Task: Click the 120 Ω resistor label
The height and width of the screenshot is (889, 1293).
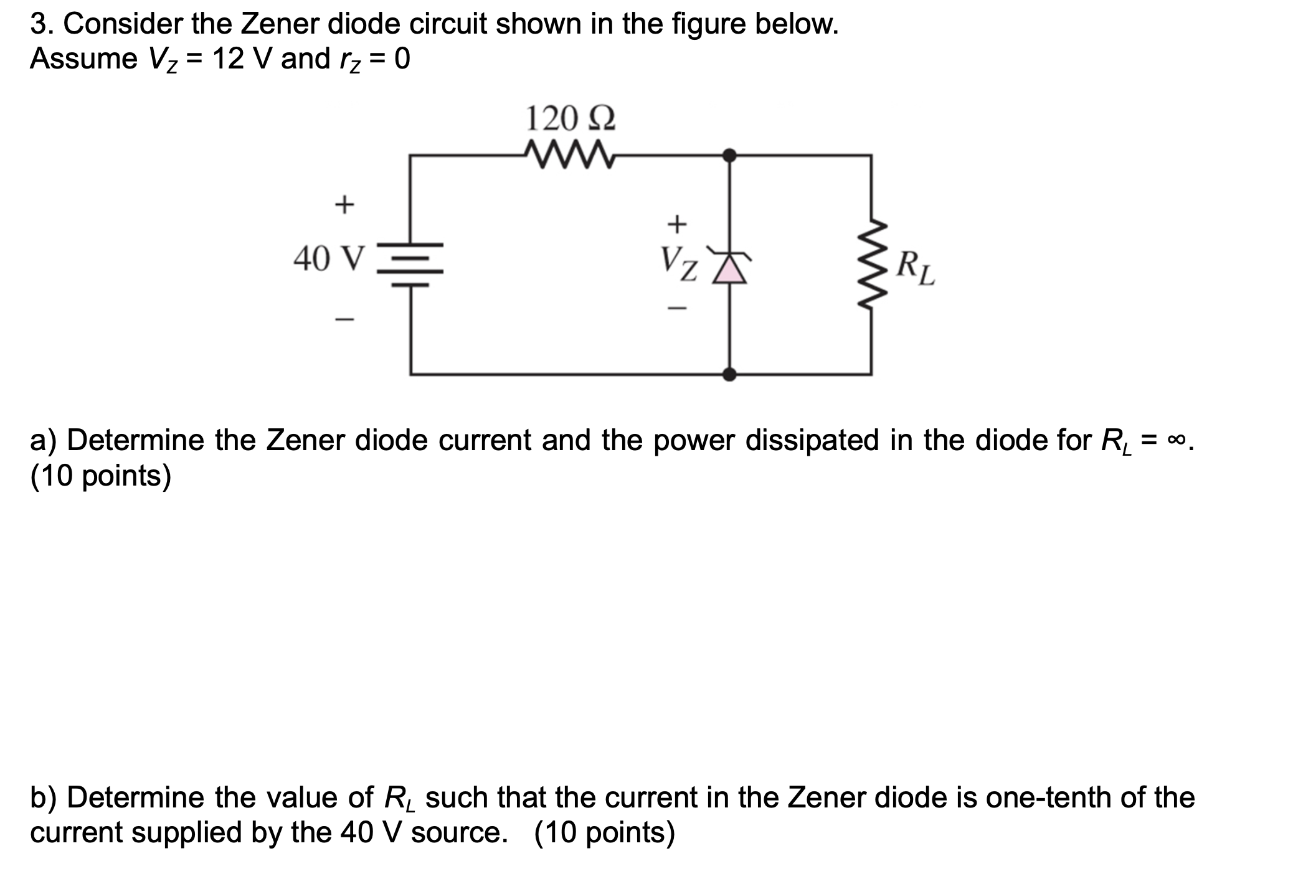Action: point(571,118)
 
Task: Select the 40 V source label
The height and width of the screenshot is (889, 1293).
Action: point(328,258)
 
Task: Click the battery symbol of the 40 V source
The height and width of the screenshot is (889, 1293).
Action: point(410,264)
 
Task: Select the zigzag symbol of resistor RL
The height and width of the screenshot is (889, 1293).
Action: point(872,265)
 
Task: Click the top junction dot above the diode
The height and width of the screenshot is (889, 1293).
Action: point(729,155)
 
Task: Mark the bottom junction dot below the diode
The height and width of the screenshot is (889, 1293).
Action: point(729,374)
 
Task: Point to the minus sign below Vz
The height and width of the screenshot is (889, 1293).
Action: point(677,308)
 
